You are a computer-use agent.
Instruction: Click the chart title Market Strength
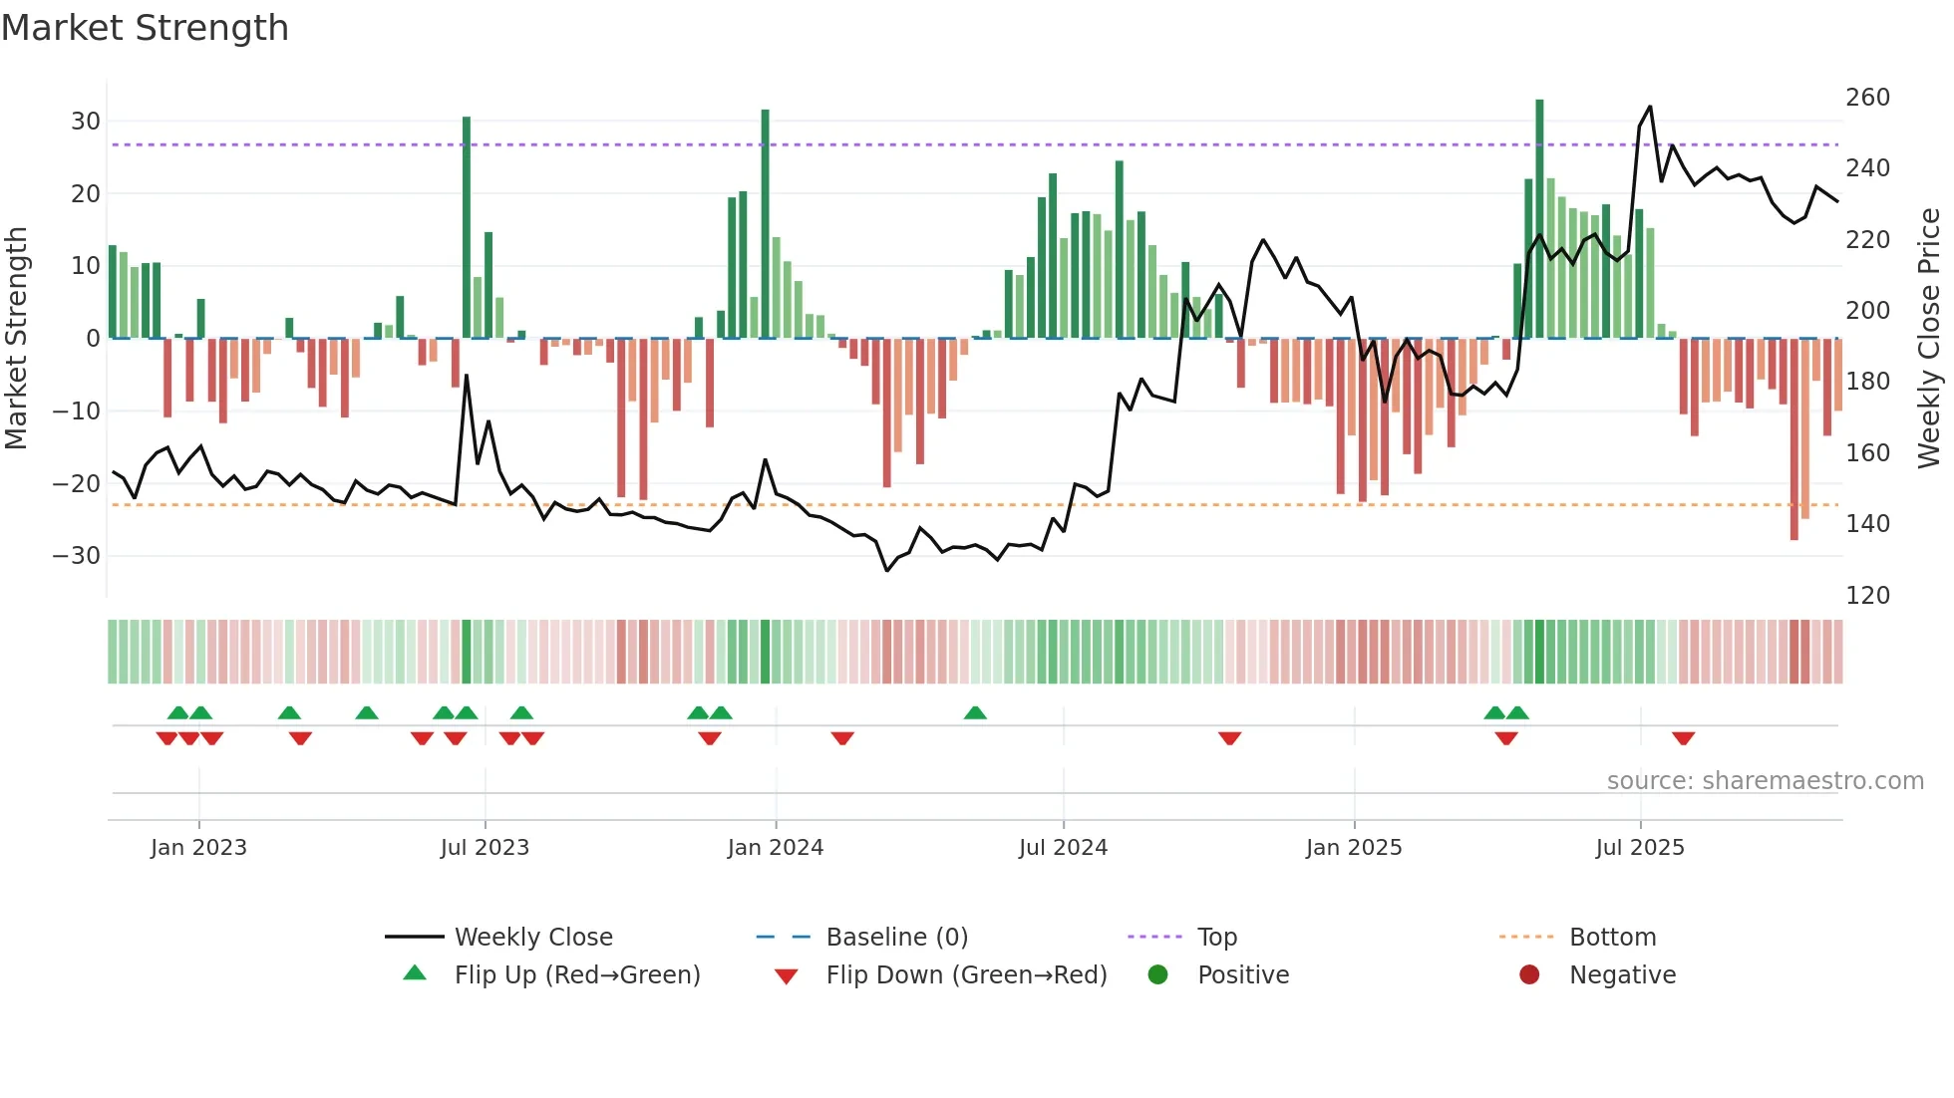(x=146, y=28)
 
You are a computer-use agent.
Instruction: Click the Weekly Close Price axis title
(x=1930, y=339)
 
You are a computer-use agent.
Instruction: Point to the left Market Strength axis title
(x=16, y=339)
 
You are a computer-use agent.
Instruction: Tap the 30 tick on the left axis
(x=86, y=122)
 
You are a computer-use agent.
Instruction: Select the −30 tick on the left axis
(x=78, y=556)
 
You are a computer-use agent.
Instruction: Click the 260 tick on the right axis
(x=1867, y=98)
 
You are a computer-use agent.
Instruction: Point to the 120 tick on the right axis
(x=1867, y=596)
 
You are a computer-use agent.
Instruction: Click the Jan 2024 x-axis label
(x=776, y=848)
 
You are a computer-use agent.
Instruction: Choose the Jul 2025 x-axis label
(x=1640, y=848)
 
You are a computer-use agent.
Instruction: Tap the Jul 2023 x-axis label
(x=485, y=848)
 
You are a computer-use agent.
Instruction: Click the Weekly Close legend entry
(x=533, y=938)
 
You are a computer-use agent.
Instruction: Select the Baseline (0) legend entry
(x=896, y=938)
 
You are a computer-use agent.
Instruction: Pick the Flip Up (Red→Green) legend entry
(x=577, y=975)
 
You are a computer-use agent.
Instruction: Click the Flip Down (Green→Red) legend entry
(x=966, y=975)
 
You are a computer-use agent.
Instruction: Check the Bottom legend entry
(x=1612, y=938)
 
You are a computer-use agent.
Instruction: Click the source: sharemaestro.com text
(x=1765, y=781)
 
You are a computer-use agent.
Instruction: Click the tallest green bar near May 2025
(x=1539, y=219)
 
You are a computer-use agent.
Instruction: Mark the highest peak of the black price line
(x=1650, y=107)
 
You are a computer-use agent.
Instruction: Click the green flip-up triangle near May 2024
(x=975, y=712)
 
